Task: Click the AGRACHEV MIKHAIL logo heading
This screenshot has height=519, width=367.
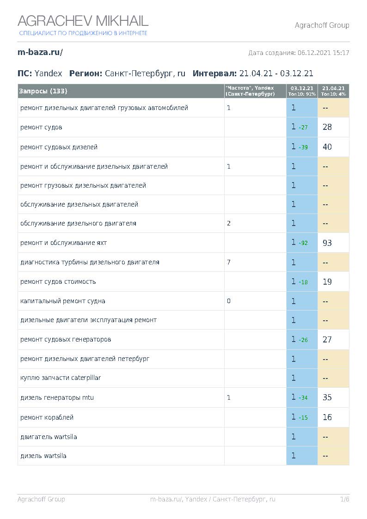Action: (x=83, y=21)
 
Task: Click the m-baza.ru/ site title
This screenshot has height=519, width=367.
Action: (x=40, y=52)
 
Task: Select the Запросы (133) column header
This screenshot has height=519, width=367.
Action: (x=43, y=91)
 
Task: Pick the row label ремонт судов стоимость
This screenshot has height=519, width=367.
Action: (x=58, y=281)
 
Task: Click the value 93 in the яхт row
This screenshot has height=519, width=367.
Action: (x=327, y=243)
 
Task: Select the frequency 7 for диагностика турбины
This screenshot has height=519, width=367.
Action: (x=229, y=262)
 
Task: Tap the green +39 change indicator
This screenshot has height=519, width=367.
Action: (x=303, y=147)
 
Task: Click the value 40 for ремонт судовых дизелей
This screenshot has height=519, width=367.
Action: (x=327, y=147)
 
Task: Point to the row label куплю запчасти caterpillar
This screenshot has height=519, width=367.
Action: (x=60, y=378)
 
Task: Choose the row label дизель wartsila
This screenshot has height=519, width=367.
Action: (x=43, y=456)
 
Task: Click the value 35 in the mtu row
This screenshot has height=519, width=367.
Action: (x=327, y=397)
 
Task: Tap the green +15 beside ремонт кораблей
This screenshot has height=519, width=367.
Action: (x=303, y=418)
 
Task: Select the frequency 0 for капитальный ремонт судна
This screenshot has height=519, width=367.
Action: (x=229, y=301)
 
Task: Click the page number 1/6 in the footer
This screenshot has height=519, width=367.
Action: (x=344, y=499)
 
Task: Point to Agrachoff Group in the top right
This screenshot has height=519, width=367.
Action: (x=322, y=25)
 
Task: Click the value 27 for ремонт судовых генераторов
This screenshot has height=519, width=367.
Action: (x=327, y=339)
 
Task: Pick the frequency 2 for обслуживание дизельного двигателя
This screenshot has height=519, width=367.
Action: (x=229, y=223)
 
